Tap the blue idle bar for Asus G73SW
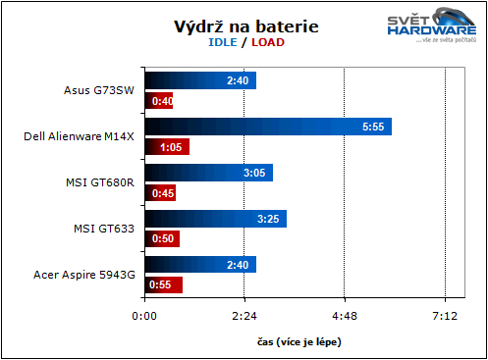pyautogui.click(x=200, y=80)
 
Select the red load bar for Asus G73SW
pyautogui.click(x=159, y=100)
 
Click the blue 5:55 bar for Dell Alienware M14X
pyautogui.click(x=268, y=127)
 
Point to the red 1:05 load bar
pyautogui.click(x=167, y=147)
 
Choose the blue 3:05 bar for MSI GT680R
pyautogui.click(x=208, y=173)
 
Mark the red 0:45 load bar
pyautogui.click(x=160, y=193)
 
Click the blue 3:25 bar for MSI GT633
pyautogui.click(x=215, y=219)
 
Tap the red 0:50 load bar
pyautogui.click(x=162, y=238)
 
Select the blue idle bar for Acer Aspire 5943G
pyautogui.click(x=200, y=265)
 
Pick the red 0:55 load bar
pyautogui.click(x=164, y=284)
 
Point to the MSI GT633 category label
pyautogui.click(x=104, y=229)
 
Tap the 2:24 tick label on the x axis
pyautogui.click(x=244, y=317)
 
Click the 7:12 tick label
pyautogui.click(x=445, y=317)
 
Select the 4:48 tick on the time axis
pyautogui.click(x=345, y=317)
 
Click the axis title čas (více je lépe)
pyautogui.click(x=294, y=341)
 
